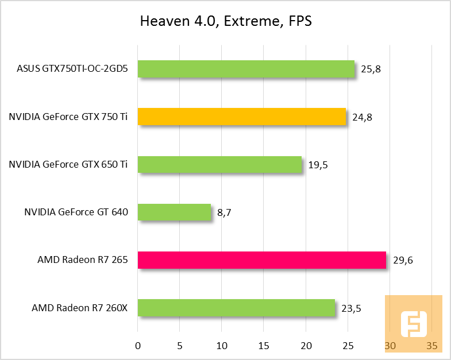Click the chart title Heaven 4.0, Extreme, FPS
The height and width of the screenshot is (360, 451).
pyautogui.click(x=225, y=22)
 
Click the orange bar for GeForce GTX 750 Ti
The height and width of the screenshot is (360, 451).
pyautogui.click(x=241, y=117)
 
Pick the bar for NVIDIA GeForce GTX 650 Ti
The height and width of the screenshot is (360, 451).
pyautogui.click(x=219, y=165)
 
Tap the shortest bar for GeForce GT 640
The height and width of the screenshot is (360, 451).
pyautogui.click(x=174, y=212)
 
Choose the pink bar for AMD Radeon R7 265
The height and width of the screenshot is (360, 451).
pyautogui.click(x=261, y=260)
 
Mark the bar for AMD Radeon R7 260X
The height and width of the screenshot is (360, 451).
pyautogui.click(x=236, y=308)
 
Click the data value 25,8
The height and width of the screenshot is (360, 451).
pyautogui.click(x=371, y=69)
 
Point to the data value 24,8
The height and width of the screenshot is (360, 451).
pyautogui.click(x=363, y=117)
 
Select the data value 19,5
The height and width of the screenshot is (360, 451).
pyautogui.click(x=318, y=165)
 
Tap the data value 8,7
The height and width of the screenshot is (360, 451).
pyautogui.click(x=224, y=212)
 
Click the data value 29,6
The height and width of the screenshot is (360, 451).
pyautogui.click(x=403, y=260)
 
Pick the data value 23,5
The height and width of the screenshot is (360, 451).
pyautogui.click(x=351, y=308)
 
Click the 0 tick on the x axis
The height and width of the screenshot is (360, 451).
pyautogui.click(x=138, y=346)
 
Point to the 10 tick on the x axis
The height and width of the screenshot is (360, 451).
pyautogui.click(x=222, y=346)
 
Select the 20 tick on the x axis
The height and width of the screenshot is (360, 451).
pyautogui.click(x=306, y=346)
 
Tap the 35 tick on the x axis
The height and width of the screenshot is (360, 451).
pyautogui.click(x=432, y=346)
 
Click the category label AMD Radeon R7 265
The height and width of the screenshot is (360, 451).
pyautogui.click(x=82, y=260)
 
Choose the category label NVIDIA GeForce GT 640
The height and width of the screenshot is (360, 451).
pyautogui.click(x=76, y=212)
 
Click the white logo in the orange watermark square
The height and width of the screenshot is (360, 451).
pyautogui.click(x=413, y=324)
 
